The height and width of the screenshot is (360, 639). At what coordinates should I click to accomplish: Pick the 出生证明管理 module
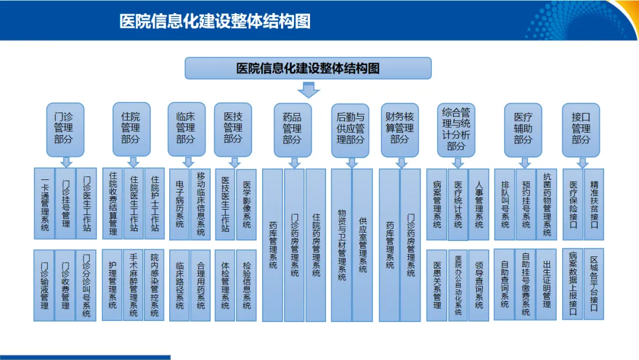pos(547,284)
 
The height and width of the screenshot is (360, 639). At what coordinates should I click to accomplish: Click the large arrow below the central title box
pos(308,89)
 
